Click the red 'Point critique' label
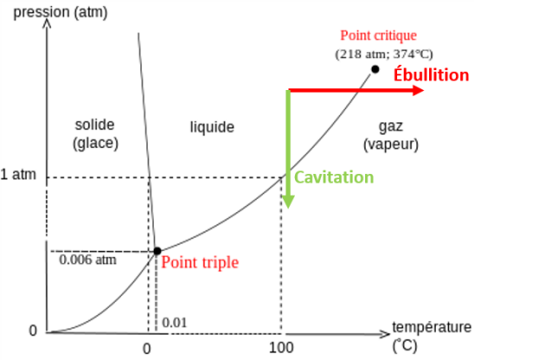[x=378, y=35]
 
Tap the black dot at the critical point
[x=375, y=69]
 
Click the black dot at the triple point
[x=157, y=251]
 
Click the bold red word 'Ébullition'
[x=431, y=74]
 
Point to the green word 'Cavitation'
[x=334, y=177]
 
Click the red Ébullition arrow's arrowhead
[x=418, y=90]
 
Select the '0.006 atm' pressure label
[x=87, y=258]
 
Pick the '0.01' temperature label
[x=175, y=324]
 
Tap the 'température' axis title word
[x=432, y=327]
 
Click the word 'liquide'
[x=212, y=127]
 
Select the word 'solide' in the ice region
[x=95, y=125]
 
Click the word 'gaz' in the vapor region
[x=390, y=126]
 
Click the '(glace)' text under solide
[x=95, y=143]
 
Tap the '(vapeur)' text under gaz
[x=391, y=145]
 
